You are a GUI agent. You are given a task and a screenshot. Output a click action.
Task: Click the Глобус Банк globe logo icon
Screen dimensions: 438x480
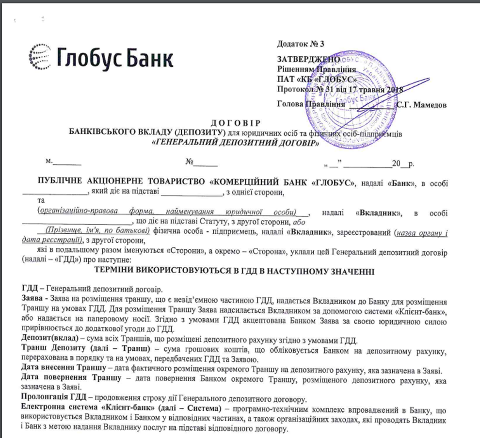pos(40,57)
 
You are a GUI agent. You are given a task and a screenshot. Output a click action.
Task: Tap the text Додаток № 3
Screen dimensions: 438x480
pos(301,44)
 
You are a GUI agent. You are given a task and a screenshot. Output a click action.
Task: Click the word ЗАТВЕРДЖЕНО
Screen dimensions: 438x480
pos(305,59)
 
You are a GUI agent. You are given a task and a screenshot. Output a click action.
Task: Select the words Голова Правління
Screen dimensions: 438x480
pos(311,104)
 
